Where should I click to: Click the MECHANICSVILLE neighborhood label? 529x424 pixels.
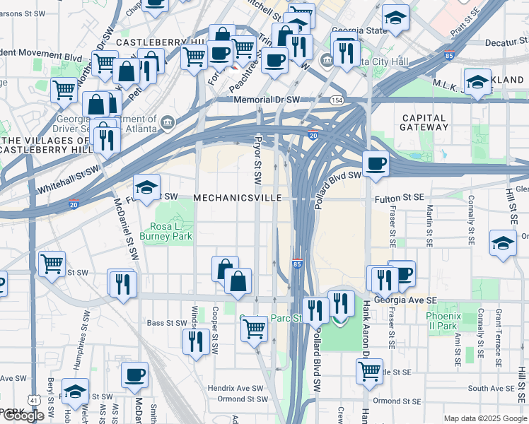coord(238,198)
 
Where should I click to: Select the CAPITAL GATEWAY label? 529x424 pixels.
coord(424,122)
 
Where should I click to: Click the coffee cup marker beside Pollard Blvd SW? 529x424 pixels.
coord(376,164)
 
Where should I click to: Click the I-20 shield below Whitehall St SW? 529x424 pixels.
coord(74,204)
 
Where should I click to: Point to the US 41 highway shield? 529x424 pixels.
coord(33,400)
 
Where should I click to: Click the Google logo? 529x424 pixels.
coord(23,416)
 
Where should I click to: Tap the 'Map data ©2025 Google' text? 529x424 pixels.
coord(485,418)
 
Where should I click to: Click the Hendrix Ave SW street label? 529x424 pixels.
coord(238,388)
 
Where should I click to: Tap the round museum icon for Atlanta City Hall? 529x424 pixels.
coord(325,59)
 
